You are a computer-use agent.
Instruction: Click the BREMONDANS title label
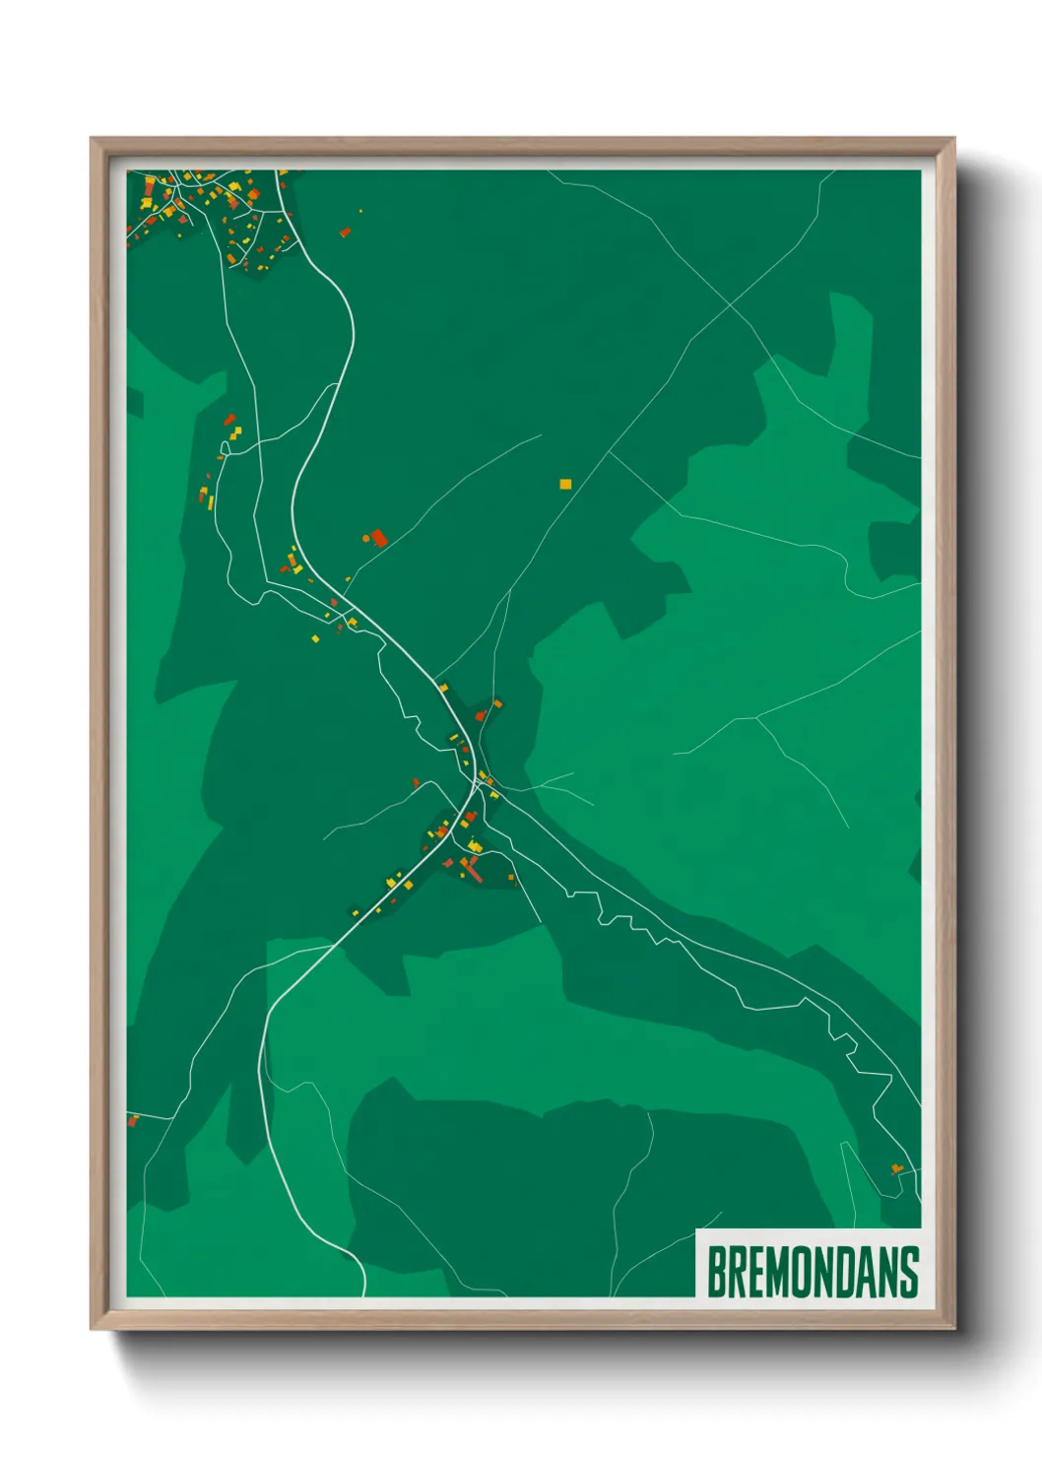point(813,1272)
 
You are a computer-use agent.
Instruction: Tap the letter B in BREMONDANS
point(716,1272)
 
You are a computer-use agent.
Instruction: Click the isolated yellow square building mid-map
point(564,484)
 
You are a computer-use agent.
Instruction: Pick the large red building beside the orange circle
point(378,537)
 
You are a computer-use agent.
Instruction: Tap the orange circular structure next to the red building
point(366,538)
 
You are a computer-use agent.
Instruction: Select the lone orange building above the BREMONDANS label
point(896,1168)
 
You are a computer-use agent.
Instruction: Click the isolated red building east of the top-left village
point(345,232)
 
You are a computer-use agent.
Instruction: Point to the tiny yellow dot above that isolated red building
point(360,211)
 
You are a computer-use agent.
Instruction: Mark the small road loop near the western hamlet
point(226,448)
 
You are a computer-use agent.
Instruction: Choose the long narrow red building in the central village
point(473,871)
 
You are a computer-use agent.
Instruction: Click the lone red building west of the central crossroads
point(417,782)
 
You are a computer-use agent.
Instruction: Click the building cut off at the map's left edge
point(131,1120)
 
